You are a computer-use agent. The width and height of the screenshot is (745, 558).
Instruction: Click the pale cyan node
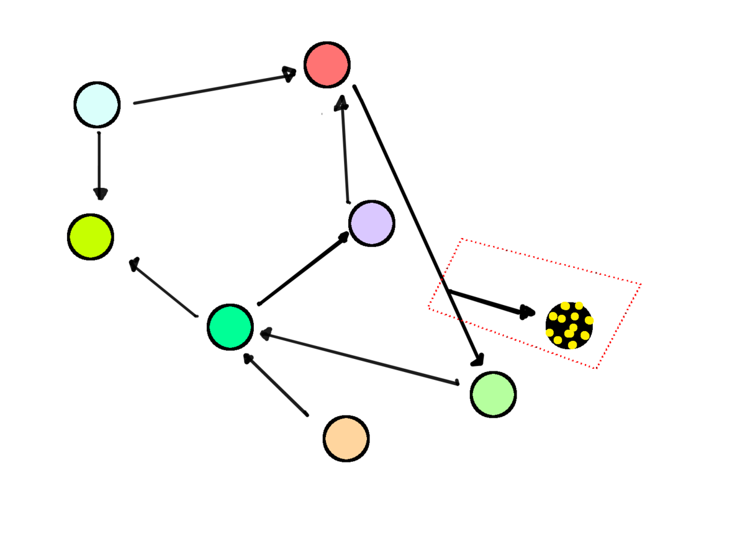pos(97,105)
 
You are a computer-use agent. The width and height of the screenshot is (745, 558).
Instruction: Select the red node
pos(327,64)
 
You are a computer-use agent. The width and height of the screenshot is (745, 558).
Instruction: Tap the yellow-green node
pos(91,237)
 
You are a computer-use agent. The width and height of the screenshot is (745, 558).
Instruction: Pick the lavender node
pos(371,223)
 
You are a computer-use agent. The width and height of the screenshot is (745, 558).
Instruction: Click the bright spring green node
pos(230,327)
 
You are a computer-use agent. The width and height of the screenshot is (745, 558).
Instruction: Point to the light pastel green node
pos(493,394)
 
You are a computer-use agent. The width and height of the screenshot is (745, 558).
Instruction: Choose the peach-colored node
pos(346,438)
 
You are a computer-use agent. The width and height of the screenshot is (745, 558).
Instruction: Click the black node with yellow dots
pos(569,325)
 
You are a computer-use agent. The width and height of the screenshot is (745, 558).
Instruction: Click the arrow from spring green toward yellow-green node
pos(165,289)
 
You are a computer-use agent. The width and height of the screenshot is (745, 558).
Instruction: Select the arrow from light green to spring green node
pos(360,359)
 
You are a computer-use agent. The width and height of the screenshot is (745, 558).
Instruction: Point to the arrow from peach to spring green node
pos(276,384)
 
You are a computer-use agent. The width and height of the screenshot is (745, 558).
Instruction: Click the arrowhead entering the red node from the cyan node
pos(289,74)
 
